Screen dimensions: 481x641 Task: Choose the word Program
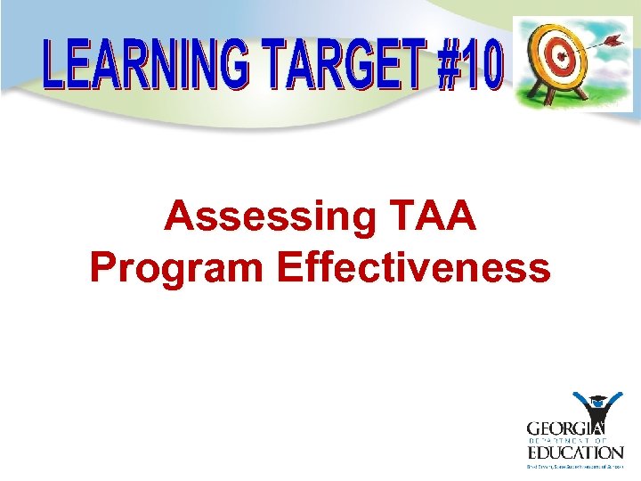(x=178, y=267)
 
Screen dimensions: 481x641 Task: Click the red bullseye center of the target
(x=559, y=58)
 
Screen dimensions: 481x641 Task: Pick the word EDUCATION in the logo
(x=573, y=452)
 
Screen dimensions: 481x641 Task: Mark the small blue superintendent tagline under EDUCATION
(x=573, y=464)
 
